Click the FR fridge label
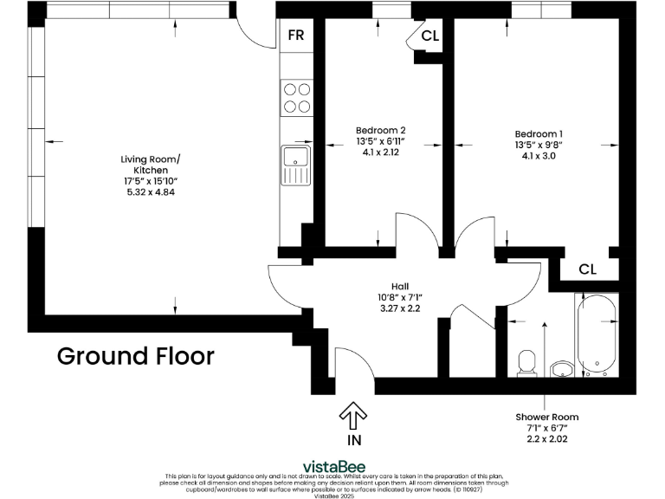pos(296,36)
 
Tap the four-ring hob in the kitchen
pos(296,97)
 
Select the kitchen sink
pos(295,165)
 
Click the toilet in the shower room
pos(526,363)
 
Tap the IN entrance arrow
pos(353,418)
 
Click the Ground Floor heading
pos(135,356)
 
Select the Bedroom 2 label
pos(381,131)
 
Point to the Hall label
pos(400,286)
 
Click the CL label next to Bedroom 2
pos(429,36)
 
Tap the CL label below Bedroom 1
pos(587,269)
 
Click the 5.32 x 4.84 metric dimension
pos(151,191)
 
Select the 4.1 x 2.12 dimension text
pos(381,152)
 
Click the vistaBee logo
pos(332,466)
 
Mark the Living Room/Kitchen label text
pos(151,165)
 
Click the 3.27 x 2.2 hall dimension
pos(400,308)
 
